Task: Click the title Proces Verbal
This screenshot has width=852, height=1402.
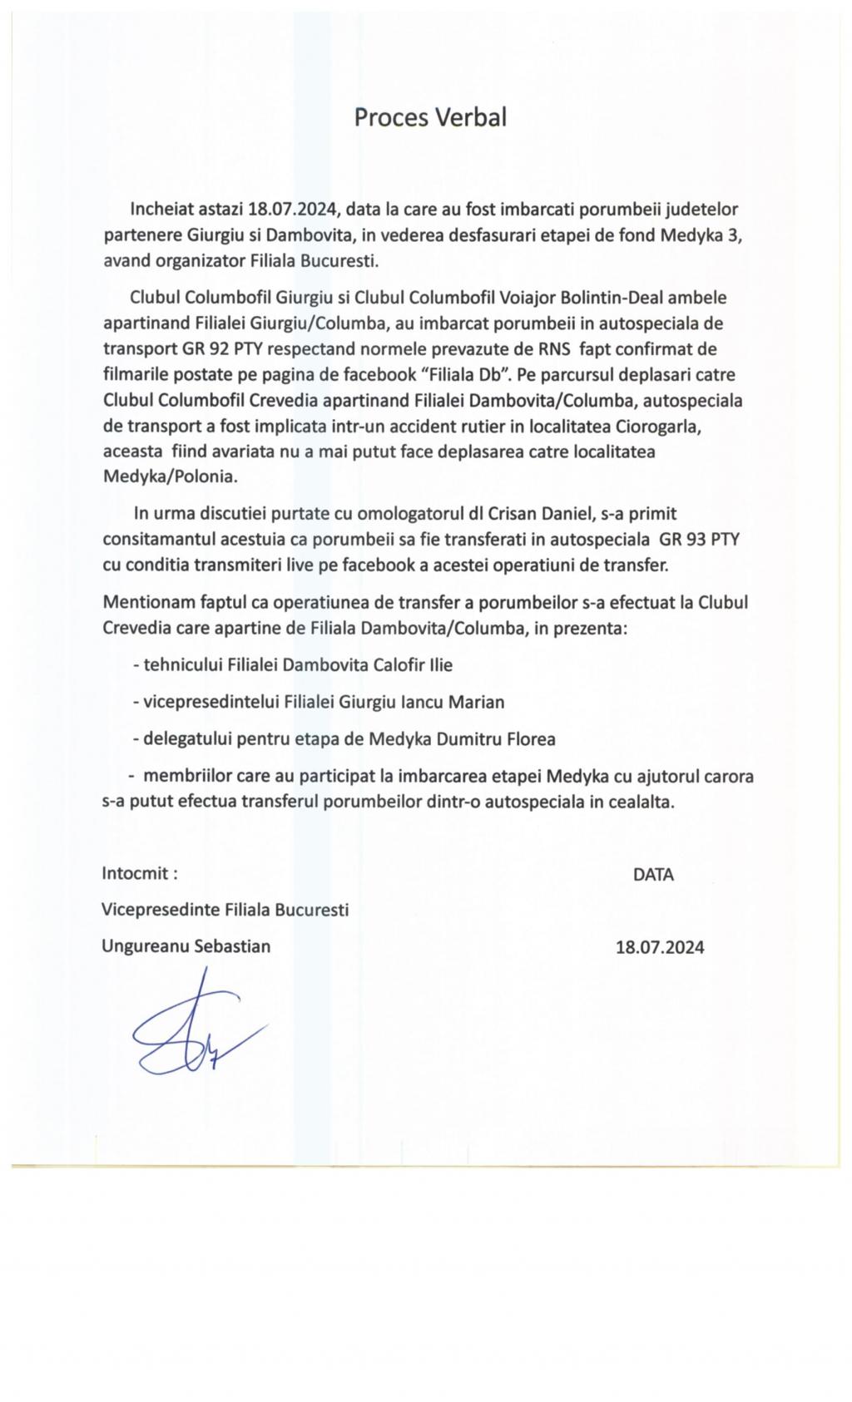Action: pos(429,117)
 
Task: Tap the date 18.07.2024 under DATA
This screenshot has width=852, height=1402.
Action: pos(659,947)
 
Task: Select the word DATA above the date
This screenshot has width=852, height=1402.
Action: pos(653,875)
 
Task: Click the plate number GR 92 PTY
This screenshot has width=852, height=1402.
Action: pos(221,348)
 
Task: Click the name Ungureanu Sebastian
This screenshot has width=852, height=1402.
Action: pos(186,946)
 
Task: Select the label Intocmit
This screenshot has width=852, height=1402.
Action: pos(139,874)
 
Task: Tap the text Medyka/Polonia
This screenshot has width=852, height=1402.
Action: pos(170,477)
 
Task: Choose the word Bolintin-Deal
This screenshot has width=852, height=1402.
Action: pos(616,297)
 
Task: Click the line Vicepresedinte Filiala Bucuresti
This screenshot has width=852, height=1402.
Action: pos(225,910)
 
